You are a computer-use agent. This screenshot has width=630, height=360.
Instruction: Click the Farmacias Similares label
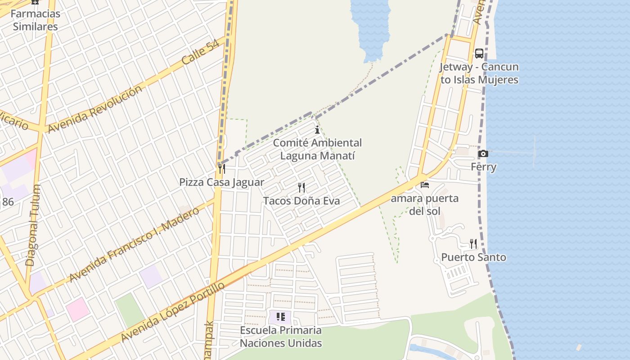[x=35, y=20]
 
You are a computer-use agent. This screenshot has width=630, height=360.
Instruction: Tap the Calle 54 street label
[x=201, y=52]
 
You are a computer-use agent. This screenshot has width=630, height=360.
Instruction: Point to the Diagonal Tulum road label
[x=33, y=225]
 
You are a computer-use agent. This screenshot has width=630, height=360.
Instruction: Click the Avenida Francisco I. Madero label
[x=134, y=245]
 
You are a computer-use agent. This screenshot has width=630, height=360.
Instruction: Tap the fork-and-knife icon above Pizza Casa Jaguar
[x=221, y=169]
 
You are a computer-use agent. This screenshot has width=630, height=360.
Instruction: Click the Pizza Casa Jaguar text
[x=221, y=182]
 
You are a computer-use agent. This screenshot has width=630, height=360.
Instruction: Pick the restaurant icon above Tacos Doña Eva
[x=301, y=187]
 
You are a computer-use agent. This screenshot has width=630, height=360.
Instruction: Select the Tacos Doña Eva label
[x=301, y=201]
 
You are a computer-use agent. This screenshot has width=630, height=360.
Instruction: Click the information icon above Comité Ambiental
[x=317, y=130]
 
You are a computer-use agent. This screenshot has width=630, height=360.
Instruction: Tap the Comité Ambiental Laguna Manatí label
[x=317, y=149]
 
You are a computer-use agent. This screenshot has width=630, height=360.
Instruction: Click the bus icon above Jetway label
[x=479, y=54]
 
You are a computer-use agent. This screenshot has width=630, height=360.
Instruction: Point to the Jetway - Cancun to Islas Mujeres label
[x=479, y=73]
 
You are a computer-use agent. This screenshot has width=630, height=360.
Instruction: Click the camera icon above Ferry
[x=483, y=154]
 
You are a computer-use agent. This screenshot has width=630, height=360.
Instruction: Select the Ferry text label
[x=483, y=167]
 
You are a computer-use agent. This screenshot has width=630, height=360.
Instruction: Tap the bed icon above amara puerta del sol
[x=424, y=185]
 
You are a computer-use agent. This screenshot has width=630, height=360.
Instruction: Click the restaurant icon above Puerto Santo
[x=473, y=244]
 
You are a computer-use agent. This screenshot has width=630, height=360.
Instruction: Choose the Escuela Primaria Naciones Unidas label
[x=281, y=337]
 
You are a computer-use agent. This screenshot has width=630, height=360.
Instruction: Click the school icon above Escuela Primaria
[x=281, y=317]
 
